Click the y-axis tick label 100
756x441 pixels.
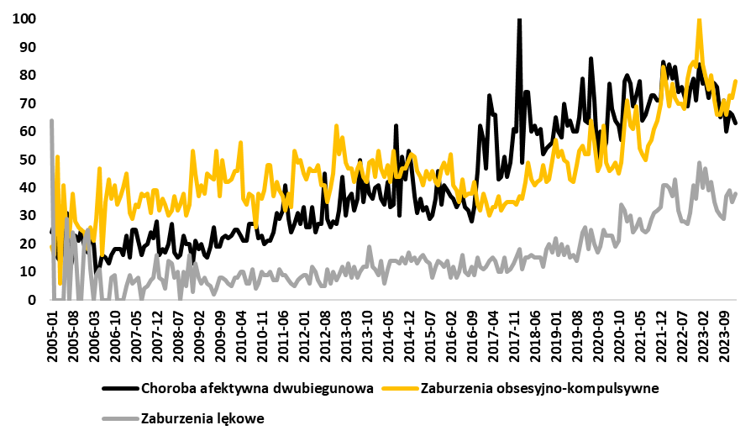pos(24,18)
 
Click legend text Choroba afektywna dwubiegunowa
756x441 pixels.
pos(256,389)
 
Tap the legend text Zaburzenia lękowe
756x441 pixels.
pos(204,417)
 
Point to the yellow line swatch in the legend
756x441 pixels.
pos(400,389)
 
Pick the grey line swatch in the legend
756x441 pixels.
pos(120,417)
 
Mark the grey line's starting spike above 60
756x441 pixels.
pos(52,121)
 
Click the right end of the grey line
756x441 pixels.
pos(736,193)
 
